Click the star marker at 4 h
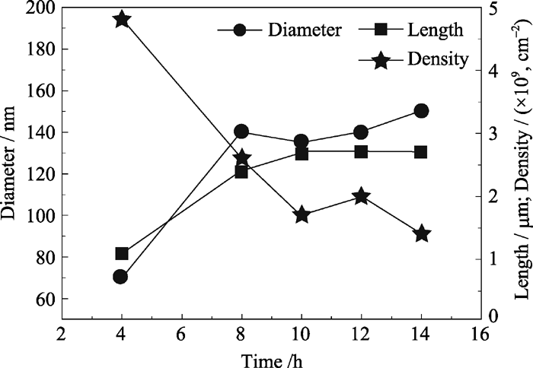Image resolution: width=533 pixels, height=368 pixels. point(120,20)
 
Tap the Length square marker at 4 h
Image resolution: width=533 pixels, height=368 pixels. point(121,254)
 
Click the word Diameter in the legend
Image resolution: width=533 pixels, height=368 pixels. point(305,30)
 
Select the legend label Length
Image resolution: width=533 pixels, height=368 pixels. point(436,30)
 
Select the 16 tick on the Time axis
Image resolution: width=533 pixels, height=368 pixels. point(480,334)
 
